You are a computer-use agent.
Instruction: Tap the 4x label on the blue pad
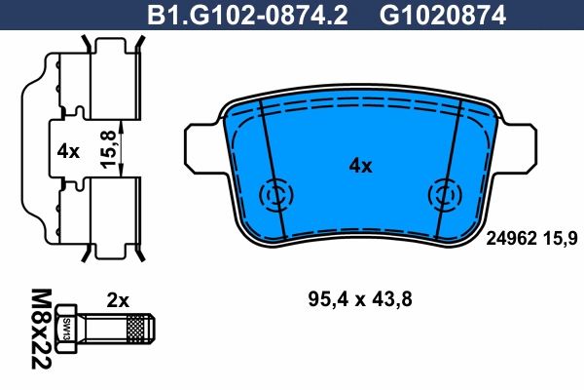point(360,166)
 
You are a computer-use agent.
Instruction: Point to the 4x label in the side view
point(67,151)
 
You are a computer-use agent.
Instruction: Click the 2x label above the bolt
point(119,300)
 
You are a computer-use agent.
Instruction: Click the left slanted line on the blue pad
point(272,171)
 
